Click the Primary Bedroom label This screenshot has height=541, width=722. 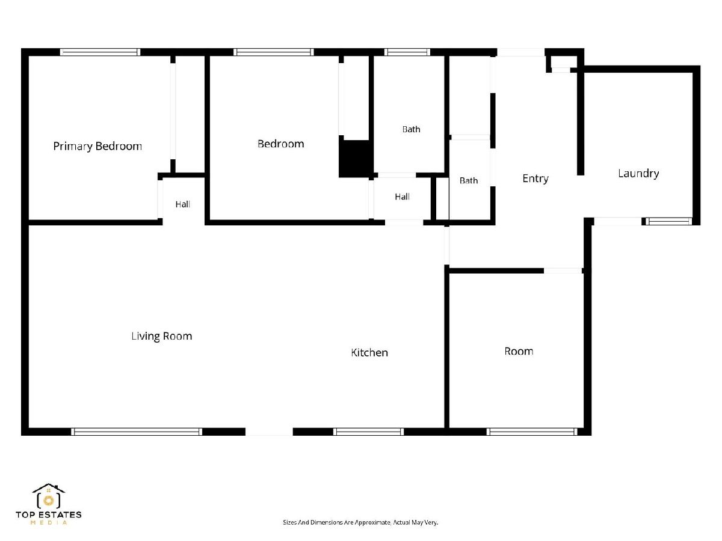(x=97, y=146)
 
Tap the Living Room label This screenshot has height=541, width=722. (x=161, y=335)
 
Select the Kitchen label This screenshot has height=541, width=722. (x=369, y=352)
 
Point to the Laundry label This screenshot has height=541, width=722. (x=638, y=174)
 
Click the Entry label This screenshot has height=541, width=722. (x=535, y=179)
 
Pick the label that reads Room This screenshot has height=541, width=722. (x=519, y=351)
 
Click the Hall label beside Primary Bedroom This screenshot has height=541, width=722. (x=182, y=204)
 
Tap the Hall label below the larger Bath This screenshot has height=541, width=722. (x=402, y=197)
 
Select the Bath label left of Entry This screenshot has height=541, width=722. (x=468, y=180)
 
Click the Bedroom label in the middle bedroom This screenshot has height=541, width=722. (x=280, y=144)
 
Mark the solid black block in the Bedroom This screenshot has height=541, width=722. (x=356, y=159)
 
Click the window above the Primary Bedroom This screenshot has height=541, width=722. (x=100, y=52)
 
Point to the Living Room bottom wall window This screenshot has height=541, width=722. (x=137, y=432)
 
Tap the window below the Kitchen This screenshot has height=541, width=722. (x=368, y=432)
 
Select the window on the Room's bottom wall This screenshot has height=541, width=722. (x=532, y=432)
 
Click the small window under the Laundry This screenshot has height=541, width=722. (x=668, y=221)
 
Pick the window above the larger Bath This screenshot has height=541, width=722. (x=407, y=52)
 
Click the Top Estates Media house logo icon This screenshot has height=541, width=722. (x=48, y=496)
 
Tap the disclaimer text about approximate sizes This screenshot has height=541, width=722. (x=360, y=522)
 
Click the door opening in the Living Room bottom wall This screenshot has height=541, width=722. (x=269, y=432)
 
